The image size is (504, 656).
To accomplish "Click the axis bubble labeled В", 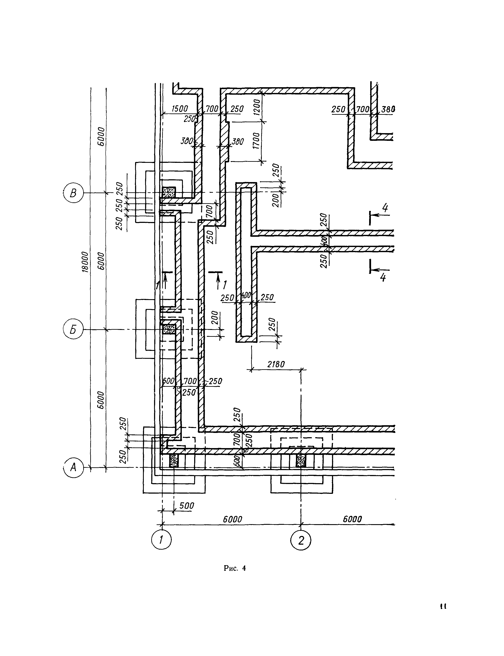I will [x=73, y=193].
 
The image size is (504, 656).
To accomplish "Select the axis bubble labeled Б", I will [x=73, y=329].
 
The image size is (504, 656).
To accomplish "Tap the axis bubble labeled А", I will [x=73, y=467].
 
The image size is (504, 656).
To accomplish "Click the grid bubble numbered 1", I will [x=161, y=540].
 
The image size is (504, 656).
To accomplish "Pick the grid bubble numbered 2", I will [x=301, y=540].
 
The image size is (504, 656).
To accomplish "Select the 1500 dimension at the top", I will [x=179, y=109].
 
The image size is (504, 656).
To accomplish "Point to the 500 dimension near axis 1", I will [x=187, y=506].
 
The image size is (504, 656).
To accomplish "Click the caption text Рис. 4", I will [x=235, y=568].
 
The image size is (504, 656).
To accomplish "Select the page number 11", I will [x=443, y=606].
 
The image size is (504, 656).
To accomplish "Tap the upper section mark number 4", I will [x=385, y=208].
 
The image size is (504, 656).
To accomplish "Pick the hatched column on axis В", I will [x=169, y=192].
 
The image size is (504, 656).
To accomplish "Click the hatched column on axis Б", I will [x=169, y=329].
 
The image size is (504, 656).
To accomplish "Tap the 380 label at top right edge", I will [x=388, y=109].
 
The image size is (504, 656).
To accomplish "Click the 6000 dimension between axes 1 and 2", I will [x=233, y=519].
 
